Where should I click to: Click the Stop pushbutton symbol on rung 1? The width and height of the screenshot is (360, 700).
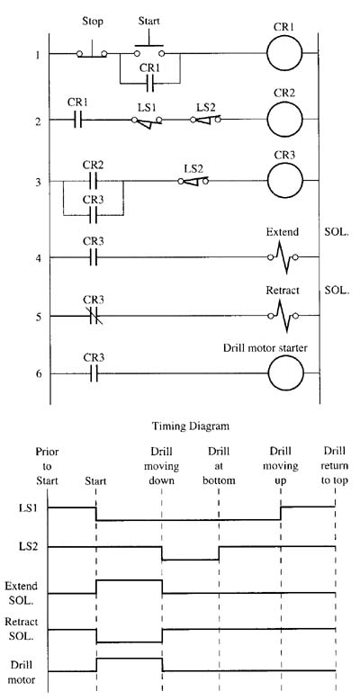[92, 52]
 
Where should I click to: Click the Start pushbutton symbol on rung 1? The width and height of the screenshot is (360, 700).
[149, 50]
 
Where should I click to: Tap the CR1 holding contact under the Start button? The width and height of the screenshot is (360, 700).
[150, 83]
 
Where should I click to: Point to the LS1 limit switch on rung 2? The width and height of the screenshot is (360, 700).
[147, 121]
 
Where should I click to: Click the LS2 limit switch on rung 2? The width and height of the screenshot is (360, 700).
[205, 120]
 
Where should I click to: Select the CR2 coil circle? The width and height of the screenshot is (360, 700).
[285, 119]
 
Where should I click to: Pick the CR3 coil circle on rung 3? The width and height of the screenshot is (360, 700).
[285, 181]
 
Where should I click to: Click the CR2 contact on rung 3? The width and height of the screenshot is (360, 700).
[93, 181]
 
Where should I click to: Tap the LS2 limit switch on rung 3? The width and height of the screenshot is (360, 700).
[193, 181]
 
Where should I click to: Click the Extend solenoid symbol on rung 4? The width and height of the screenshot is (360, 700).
[283, 257]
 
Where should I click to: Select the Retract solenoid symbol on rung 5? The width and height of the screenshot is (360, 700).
[283, 316]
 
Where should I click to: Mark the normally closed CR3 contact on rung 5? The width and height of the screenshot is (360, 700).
[93, 316]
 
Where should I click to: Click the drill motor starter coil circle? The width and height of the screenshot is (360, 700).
[285, 373]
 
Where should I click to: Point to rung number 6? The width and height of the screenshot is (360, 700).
[40, 373]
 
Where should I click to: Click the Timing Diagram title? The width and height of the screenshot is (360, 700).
[191, 426]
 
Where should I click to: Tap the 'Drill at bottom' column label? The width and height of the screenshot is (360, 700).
[219, 466]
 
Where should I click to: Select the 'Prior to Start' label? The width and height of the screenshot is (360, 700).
[47, 466]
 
